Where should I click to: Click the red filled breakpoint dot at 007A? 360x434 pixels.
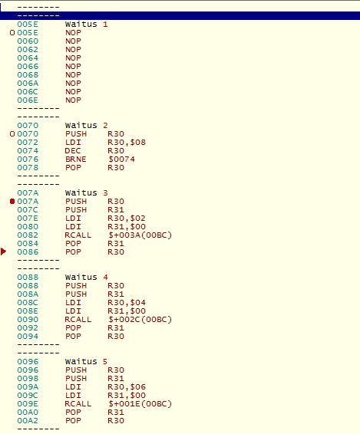(x=12, y=201)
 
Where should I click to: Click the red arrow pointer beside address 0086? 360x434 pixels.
(x=3, y=252)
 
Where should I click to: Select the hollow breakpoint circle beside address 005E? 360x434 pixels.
(x=12, y=33)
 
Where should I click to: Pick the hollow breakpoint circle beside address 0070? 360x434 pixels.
(x=12, y=134)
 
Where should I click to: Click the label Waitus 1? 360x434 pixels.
(x=86, y=24)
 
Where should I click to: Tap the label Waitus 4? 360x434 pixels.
(x=86, y=277)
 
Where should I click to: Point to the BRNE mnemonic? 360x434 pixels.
(x=76, y=159)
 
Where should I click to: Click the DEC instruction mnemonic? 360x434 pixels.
(x=73, y=151)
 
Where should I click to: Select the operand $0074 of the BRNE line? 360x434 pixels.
(x=121, y=159)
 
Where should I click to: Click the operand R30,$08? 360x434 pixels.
(x=127, y=143)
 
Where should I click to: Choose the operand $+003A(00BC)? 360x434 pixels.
(x=140, y=235)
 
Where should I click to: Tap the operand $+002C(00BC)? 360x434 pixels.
(x=140, y=320)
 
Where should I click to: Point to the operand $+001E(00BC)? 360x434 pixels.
(x=140, y=404)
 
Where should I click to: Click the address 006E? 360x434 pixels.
(x=28, y=100)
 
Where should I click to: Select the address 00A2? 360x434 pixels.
(x=28, y=421)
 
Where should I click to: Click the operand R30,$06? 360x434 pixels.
(x=127, y=387)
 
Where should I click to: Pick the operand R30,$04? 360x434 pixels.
(x=127, y=303)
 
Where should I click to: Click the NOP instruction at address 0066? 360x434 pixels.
(x=73, y=67)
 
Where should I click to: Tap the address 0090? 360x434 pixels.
(x=28, y=320)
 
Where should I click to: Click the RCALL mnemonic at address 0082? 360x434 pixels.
(x=78, y=235)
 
